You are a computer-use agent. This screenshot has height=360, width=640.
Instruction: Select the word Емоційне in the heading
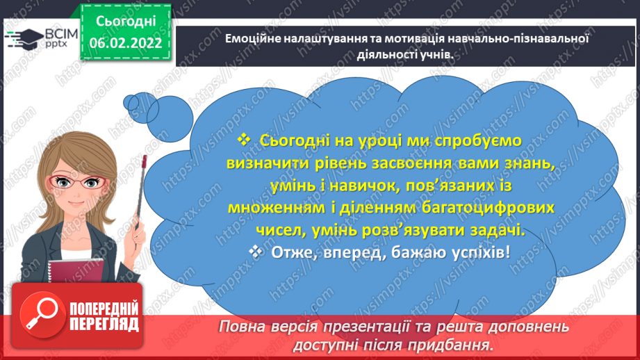coord(254,40)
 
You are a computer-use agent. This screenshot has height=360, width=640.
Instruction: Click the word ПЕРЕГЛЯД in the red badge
coord(104,324)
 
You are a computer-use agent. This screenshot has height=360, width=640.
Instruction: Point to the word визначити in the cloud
coord(275,163)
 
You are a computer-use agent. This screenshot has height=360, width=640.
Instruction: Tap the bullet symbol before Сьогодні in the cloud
coord(243,140)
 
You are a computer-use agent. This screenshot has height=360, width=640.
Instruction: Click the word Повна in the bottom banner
coord(243,327)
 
